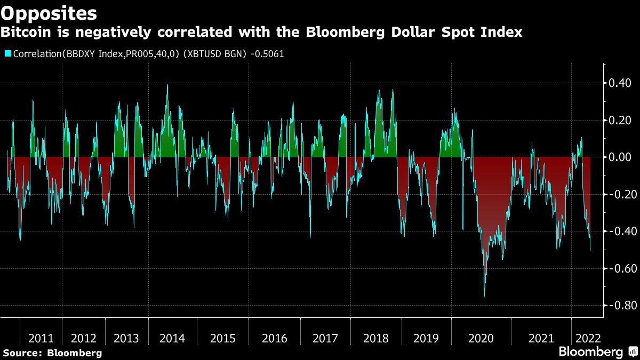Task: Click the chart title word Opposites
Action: click(x=49, y=13)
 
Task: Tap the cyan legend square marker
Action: click(x=7, y=53)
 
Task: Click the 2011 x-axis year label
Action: click(x=41, y=339)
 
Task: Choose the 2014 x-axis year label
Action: click(x=172, y=339)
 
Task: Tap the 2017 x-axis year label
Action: click(x=325, y=339)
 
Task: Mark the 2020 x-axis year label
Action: click(x=481, y=339)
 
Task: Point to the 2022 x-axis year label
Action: click(x=587, y=339)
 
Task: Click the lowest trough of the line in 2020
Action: click(x=484, y=296)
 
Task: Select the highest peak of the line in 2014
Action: click(x=167, y=84)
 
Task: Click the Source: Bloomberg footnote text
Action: click(x=52, y=353)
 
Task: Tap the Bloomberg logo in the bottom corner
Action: click(x=597, y=352)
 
